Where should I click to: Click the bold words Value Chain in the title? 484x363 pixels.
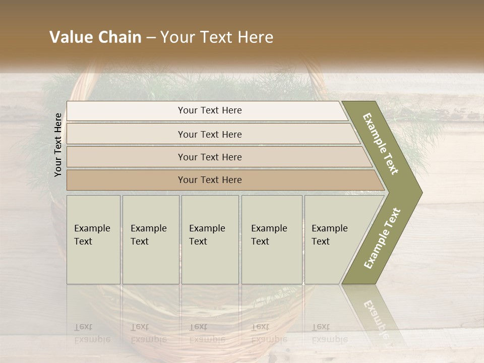(95, 37)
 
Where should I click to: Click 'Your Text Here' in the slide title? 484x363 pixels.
(217, 37)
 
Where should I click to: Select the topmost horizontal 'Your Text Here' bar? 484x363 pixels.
(209, 111)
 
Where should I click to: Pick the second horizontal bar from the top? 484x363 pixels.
(209, 134)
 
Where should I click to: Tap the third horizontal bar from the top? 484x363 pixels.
(209, 157)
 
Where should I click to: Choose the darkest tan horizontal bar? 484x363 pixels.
(209, 180)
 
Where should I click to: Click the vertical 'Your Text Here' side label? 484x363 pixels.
(58, 145)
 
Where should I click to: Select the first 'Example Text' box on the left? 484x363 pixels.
(93, 239)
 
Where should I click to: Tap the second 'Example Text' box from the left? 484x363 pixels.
(150, 239)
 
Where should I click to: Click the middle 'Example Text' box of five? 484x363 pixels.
(210, 239)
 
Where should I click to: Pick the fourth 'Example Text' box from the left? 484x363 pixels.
(271, 239)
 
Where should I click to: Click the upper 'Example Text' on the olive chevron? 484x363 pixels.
(381, 144)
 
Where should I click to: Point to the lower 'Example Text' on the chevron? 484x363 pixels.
(382, 238)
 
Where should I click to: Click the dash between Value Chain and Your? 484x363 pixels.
(151, 37)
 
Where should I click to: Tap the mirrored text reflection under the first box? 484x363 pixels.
(92, 333)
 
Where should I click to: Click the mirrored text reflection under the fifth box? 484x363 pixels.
(329, 333)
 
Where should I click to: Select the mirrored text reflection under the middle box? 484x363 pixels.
(207, 333)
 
